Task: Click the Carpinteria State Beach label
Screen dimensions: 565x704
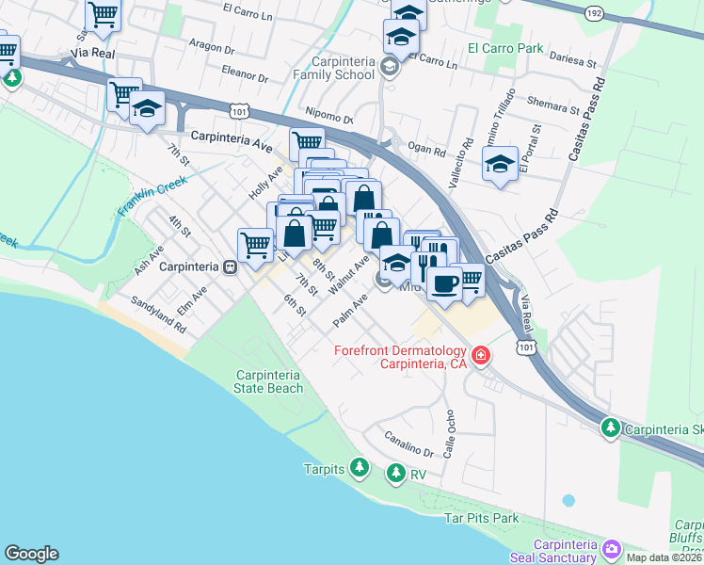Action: point(269,381)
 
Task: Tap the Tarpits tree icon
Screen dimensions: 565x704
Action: point(359,468)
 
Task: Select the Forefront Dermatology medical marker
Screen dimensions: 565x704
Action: point(481,355)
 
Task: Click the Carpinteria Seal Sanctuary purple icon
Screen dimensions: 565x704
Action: point(612,548)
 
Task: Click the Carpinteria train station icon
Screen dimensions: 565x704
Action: point(229,266)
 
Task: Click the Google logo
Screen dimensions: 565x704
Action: point(31,554)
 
